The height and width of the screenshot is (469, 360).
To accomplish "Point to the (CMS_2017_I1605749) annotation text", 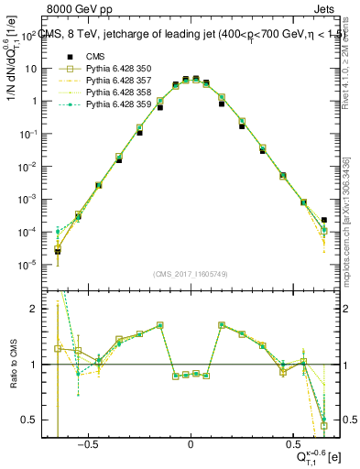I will pyautogui.click(x=190, y=274).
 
